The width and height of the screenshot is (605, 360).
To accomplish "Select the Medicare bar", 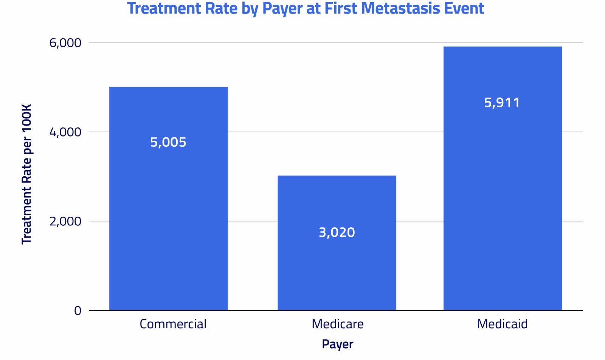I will click(x=337, y=265).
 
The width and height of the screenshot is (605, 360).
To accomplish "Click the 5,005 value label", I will click(x=168, y=142).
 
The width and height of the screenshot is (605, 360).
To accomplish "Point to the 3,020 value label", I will click(x=337, y=232).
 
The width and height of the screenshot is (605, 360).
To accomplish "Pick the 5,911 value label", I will click(x=502, y=102).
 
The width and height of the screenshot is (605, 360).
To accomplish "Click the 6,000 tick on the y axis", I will click(x=65, y=43).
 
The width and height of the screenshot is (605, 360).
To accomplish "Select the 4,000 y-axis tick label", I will click(x=65, y=132).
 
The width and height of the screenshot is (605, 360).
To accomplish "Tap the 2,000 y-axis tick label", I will click(x=65, y=221).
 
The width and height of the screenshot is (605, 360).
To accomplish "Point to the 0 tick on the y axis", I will click(x=78, y=310).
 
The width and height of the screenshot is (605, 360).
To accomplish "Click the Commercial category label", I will click(x=173, y=324).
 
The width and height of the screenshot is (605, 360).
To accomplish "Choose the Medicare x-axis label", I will click(x=337, y=324).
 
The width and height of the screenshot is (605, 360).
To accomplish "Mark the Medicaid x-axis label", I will click(x=502, y=324).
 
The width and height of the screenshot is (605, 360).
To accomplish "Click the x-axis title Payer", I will click(x=337, y=344).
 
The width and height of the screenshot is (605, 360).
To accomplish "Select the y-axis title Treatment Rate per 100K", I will click(x=26, y=174).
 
